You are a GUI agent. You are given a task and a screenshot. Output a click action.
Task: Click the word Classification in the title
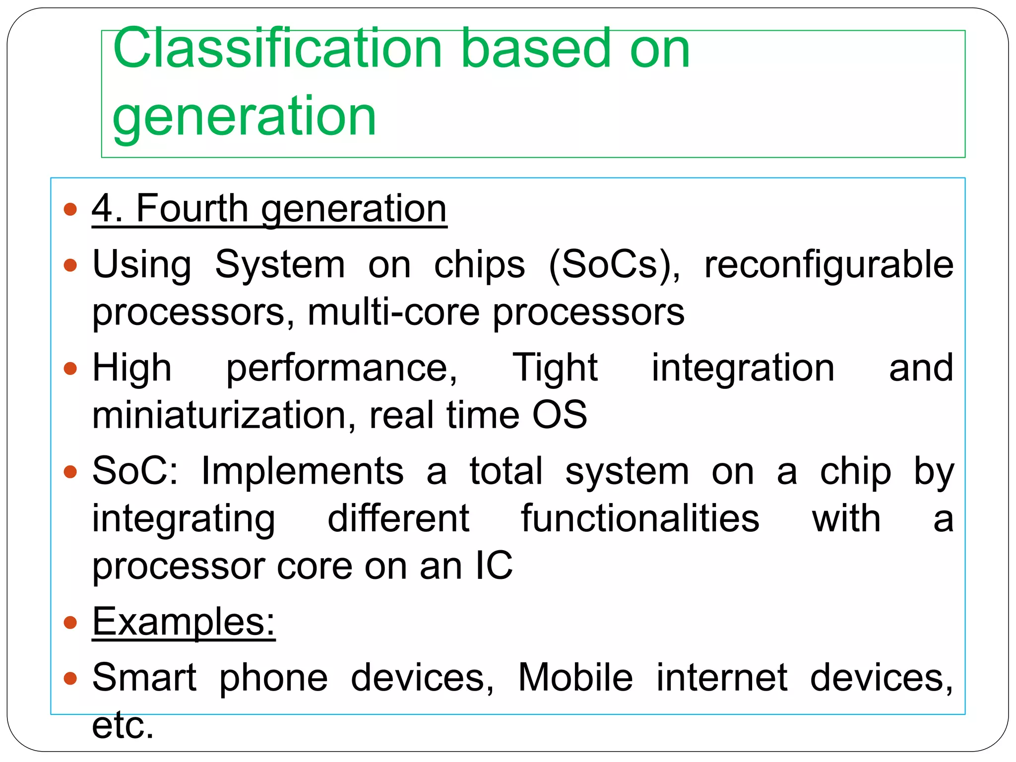tap(277, 49)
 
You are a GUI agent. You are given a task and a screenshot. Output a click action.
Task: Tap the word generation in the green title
tap(244, 117)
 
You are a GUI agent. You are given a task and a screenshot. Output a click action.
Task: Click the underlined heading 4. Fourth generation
tap(269, 209)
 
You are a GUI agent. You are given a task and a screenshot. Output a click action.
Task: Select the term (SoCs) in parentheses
tap(615, 265)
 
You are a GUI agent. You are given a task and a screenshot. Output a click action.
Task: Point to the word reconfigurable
tap(828, 265)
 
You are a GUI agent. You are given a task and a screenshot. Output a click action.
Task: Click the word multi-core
tap(393, 313)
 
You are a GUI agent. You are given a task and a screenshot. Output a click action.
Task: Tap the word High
tap(132, 368)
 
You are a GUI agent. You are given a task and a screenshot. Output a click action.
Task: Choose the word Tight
tap(555, 368)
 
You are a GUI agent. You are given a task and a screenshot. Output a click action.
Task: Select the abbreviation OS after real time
tap(560, 415)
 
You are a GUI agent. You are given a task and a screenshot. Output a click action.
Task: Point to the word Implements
tap(302, 471)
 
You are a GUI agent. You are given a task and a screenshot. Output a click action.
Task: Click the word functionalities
tap(640, 519)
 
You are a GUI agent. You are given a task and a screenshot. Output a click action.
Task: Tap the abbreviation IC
tap(494, 566)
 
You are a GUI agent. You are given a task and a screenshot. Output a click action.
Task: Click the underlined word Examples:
tap(184, 622)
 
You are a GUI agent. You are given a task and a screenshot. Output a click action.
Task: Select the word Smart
tap(144, 678)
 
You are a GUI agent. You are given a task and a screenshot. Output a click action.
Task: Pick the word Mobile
tap(575, 678)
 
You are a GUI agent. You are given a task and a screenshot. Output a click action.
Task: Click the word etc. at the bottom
tap(123, 725)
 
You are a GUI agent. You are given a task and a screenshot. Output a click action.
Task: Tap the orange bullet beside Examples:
tap(71, 622)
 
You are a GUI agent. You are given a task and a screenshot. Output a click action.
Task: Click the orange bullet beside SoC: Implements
tap(71, 471)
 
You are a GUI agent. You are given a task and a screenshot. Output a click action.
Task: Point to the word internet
tap(722, 678)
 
